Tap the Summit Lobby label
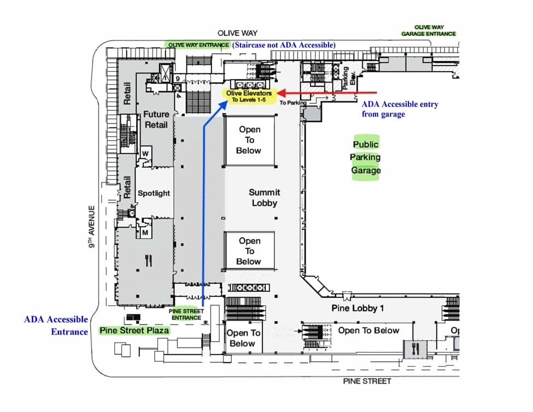pyautogui.click(x=264, y=197)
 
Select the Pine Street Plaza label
pyautogui.click(x=134, y=331)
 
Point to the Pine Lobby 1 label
pyautogui.click(x=358, y=308)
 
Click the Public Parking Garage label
pyautogui.click(x=366, y=157)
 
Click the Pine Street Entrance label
pyautogui.click(x=187, y=314)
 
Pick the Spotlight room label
pyautogui.click(x=154, y=193)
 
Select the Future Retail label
pyautogui.click(x=156, y=119)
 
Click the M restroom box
pyautogui.click(x=145, y=233)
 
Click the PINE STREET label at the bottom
pyautogui.click(x=367, y=381)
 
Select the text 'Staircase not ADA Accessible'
pyautogui.click(x=284, y=45)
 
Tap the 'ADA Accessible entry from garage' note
pyautogui.click(x=400, y=109)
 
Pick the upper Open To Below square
pyautogui.click(x=249, y=140)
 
